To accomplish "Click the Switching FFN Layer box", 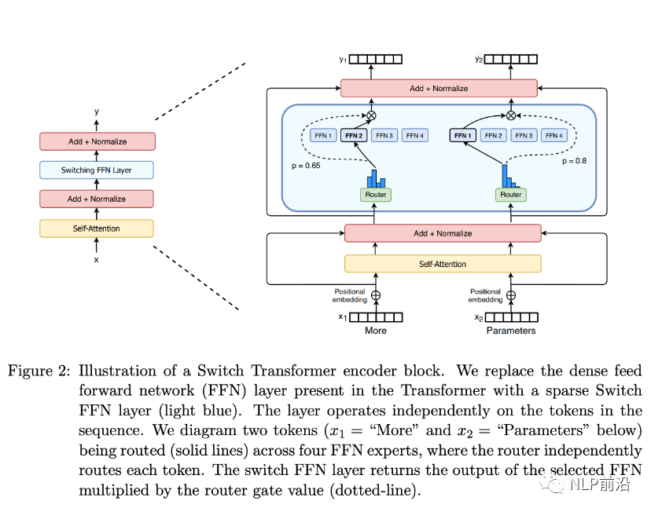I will (97, 170).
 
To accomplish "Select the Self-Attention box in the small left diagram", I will (97, 229).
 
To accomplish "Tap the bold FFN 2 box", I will (353, 136).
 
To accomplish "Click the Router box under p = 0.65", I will (375, 194).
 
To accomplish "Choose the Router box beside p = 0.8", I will (511, 194).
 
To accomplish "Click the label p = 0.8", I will (575, 161).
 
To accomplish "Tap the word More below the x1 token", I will (376, 331).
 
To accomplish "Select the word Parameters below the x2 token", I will (510, 331).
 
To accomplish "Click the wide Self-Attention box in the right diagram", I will (443, 264).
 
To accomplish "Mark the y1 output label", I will (343, 59).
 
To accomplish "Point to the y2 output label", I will (479, 59).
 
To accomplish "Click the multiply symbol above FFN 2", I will (372, 115).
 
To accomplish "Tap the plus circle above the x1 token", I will (375, 296).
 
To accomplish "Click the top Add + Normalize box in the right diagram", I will (439, 89).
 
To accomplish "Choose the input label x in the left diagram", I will (97, 259).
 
